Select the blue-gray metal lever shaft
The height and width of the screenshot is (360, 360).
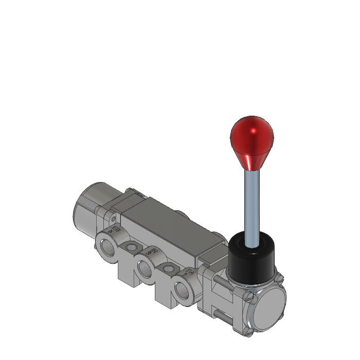252,206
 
